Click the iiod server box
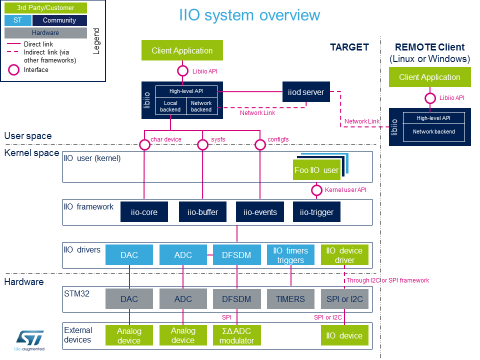click(306, 92)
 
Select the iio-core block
click(144, 212)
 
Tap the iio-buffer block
click(202, 212)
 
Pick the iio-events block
click(260, 212)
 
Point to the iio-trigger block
click(316, 212)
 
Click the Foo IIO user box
click(316, 170)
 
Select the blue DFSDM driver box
click(237, 255)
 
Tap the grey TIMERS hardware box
click(290, 299)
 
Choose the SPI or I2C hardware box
click(344, 299)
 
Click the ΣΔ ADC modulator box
click(237, 335)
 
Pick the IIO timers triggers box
click(290, 255)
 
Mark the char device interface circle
click(144, 145)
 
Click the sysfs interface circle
click(202, 145)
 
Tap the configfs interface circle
click(260, 145)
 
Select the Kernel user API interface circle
click(316, 190)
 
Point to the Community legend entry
click(59, 20)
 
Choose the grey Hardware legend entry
click(45, 33)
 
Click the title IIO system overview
click(249, 15)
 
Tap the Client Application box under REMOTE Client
click(429, 77)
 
